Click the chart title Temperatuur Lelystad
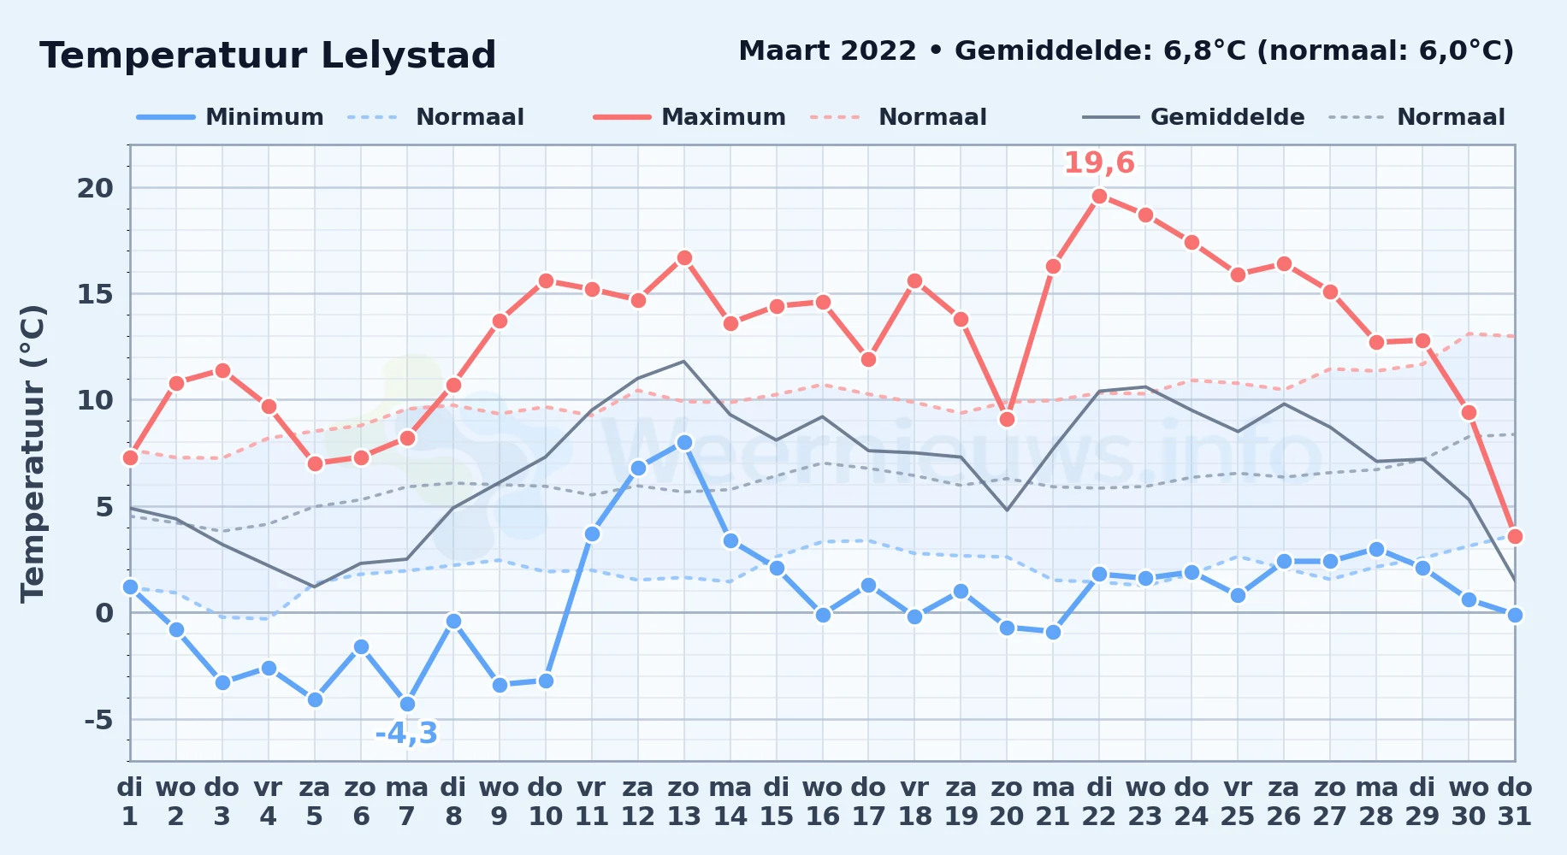[x=268, y=56]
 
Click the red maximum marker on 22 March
[x=1100, y=196]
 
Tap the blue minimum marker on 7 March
[x=407, y=704]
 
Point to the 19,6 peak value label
[x=1099, y=162]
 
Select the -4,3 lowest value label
[x=407, y=734]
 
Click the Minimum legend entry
[x=230, y=117]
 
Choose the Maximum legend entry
[x=689, y=117]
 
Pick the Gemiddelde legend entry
[x=1194, y=117]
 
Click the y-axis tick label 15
[x=95, y=294]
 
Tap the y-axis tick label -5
[x=98, y=719]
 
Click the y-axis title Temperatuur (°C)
[x=33, y=453]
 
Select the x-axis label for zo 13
[x=684, y=802]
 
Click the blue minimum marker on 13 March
[x=684, y=442]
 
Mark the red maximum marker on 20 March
[x=1007, y=419]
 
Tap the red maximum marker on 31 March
[x=1515, y=536]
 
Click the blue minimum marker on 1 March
[x=130, y=587]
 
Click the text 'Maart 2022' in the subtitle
[x=827, y=51]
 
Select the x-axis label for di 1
[x=130, y=802]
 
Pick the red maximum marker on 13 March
[x=684, y=257]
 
